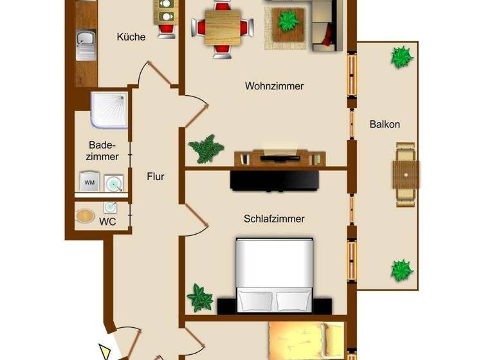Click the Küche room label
click(131, 37)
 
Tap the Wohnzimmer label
click(274, 85)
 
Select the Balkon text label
click(385, 124)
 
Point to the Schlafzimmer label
click(274, 219)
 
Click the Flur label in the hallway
click(156, 175)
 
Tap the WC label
click(107, 222)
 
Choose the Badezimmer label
click(104, 150)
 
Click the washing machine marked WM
click(89, 183)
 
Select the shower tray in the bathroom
click(109, 110)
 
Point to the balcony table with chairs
click(406, 174)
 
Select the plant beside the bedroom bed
click(199, 298)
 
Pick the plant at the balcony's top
click(402, 57)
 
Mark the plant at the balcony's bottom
click(402, 269)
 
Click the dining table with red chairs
click(222, 26)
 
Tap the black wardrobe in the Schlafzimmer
click(275, 180)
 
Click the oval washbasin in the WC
click(85, 216)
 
